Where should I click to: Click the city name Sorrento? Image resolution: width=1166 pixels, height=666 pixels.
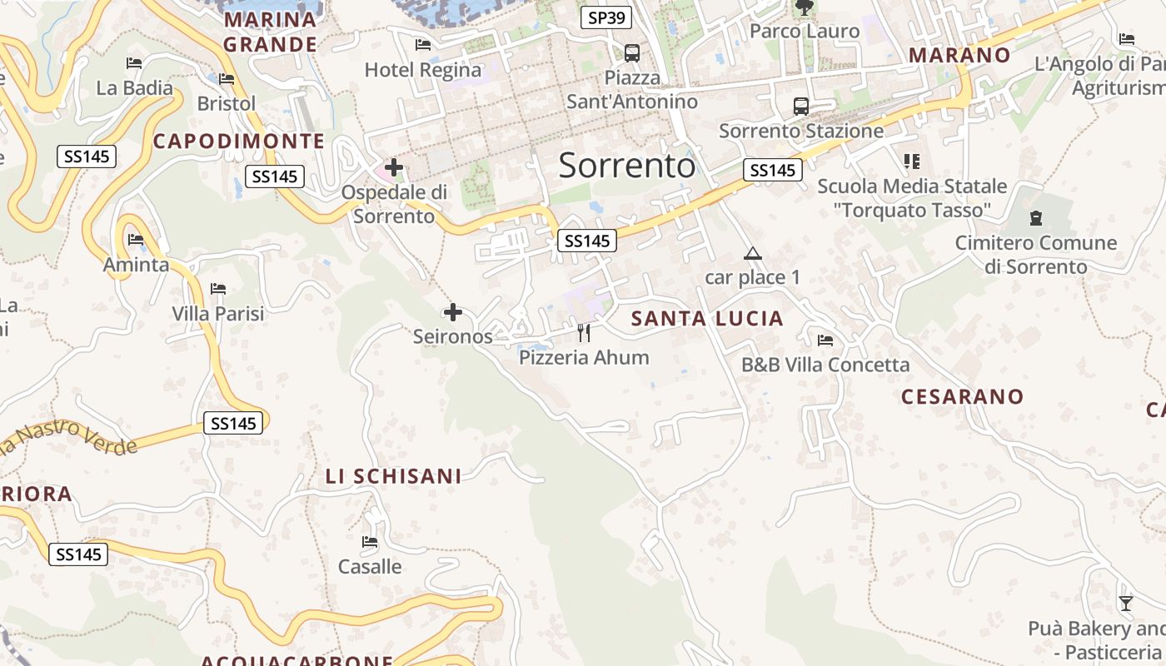(x=626, y=166)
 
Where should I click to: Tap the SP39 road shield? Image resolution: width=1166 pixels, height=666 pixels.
(x=606, y=17)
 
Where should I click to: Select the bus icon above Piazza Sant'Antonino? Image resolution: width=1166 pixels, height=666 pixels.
(x=632, y=53)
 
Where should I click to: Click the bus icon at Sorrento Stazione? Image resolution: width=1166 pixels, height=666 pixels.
(x=800, y=106)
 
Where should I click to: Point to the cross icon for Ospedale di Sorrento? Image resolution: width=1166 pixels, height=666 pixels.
(x=394, y=167)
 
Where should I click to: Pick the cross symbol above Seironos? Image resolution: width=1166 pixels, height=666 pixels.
(x=453, y=312)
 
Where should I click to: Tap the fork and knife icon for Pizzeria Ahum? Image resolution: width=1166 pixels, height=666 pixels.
(x=584, y=333)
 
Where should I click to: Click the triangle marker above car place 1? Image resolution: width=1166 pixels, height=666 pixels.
(x=753, y=253)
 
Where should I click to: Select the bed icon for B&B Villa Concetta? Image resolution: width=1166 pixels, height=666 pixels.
(x=825, y=340)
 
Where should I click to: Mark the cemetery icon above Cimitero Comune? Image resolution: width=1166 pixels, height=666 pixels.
(x=1036, y=218)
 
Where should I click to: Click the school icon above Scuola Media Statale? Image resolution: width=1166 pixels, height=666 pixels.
(x=912, y=161)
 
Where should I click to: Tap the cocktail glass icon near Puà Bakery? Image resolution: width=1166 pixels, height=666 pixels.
(x=1126, y=603)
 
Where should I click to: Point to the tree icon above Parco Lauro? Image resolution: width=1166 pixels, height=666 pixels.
(x=804, y=8)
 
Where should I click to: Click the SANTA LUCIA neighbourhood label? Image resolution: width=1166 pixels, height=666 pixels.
(x=707, y=318)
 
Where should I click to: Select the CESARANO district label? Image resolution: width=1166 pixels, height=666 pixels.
(x=962, y=396)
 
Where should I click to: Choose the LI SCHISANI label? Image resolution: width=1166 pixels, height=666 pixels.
(x=393, y=476)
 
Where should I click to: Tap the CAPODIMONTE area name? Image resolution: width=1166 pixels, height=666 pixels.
(x=239, y=142)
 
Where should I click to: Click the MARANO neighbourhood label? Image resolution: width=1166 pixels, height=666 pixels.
(x=959, y=55)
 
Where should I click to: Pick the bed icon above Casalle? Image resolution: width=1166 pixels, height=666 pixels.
(x=370, y=542)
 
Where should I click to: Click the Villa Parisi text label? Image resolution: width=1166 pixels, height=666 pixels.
(x=218, y=314)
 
